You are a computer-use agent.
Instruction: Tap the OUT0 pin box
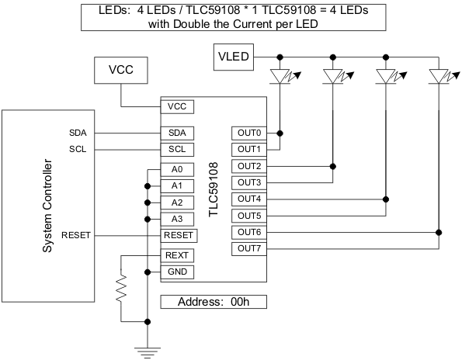click(x=249, y=133)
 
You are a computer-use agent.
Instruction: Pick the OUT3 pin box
click(x=249, y=182)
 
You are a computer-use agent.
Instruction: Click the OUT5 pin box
click(x=249, y=216)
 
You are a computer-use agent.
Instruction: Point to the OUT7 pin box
click(x=249, y=249)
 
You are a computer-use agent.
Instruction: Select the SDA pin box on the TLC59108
click(x=176, y=133)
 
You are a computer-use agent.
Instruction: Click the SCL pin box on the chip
click(x=176, y=149)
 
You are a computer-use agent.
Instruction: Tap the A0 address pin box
click(x=176, y=169)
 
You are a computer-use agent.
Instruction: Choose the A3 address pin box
click(x=176, y=219)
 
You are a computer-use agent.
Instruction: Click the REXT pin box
click(x=176, y=255)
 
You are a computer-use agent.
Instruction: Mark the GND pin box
click(x=176, y=272)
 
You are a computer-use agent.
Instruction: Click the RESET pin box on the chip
click(x=179, y=235)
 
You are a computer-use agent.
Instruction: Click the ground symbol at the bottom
click(x=147, y=348)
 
